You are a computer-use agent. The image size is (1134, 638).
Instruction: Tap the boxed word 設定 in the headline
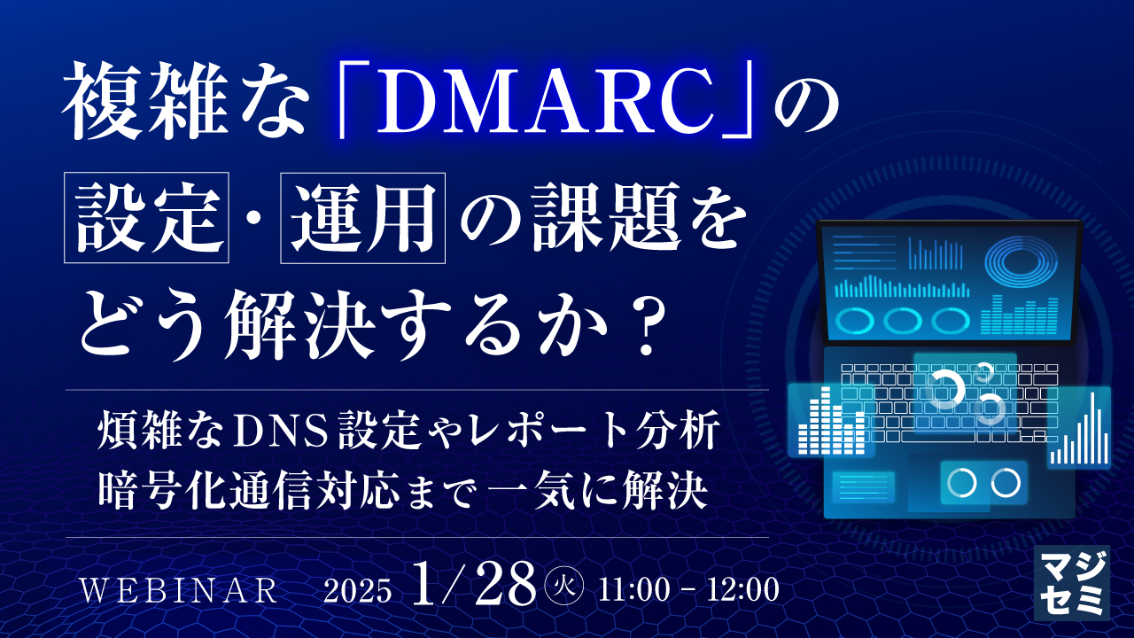pos(146,219)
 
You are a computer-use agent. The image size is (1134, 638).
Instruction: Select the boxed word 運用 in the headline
pos(362,219)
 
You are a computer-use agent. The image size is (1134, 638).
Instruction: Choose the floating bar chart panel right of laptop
pos(1078,431)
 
